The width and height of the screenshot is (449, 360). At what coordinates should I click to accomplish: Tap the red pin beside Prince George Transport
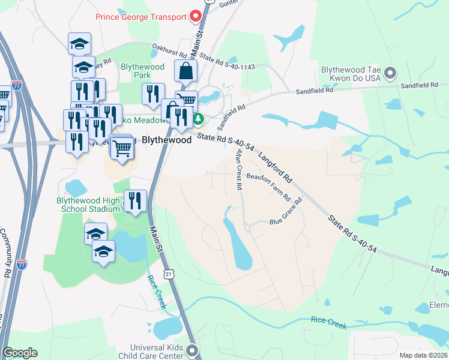195,16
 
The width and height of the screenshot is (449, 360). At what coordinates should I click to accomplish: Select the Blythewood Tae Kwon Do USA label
351,74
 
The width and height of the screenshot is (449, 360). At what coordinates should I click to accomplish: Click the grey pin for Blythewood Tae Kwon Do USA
391,74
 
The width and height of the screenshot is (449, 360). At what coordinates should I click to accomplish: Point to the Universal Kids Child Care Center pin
192,350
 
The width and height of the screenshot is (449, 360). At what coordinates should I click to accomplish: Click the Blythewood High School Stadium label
89,205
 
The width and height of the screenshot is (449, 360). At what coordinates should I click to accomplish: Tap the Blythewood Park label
136,71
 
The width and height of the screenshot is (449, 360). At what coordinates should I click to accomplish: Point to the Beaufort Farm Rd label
268,186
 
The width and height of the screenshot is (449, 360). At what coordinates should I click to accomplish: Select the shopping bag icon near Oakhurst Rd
186,71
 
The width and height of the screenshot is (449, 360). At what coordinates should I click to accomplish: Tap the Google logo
20,353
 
